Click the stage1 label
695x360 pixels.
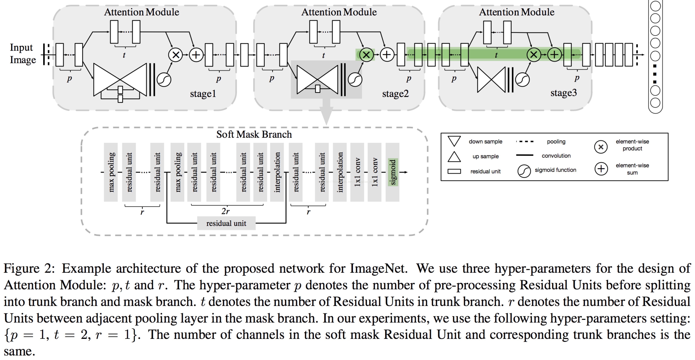point(203,94)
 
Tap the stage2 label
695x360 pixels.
point(395,94)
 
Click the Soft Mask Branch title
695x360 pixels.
point(254,134)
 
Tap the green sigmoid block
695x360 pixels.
point(393,172)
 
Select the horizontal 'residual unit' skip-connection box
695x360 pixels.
point(226,223)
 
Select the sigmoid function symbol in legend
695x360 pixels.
point(524,171)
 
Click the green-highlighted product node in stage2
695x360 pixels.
point(366,55)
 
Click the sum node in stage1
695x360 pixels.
point(196,55)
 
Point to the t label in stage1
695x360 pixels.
point(124,55)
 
